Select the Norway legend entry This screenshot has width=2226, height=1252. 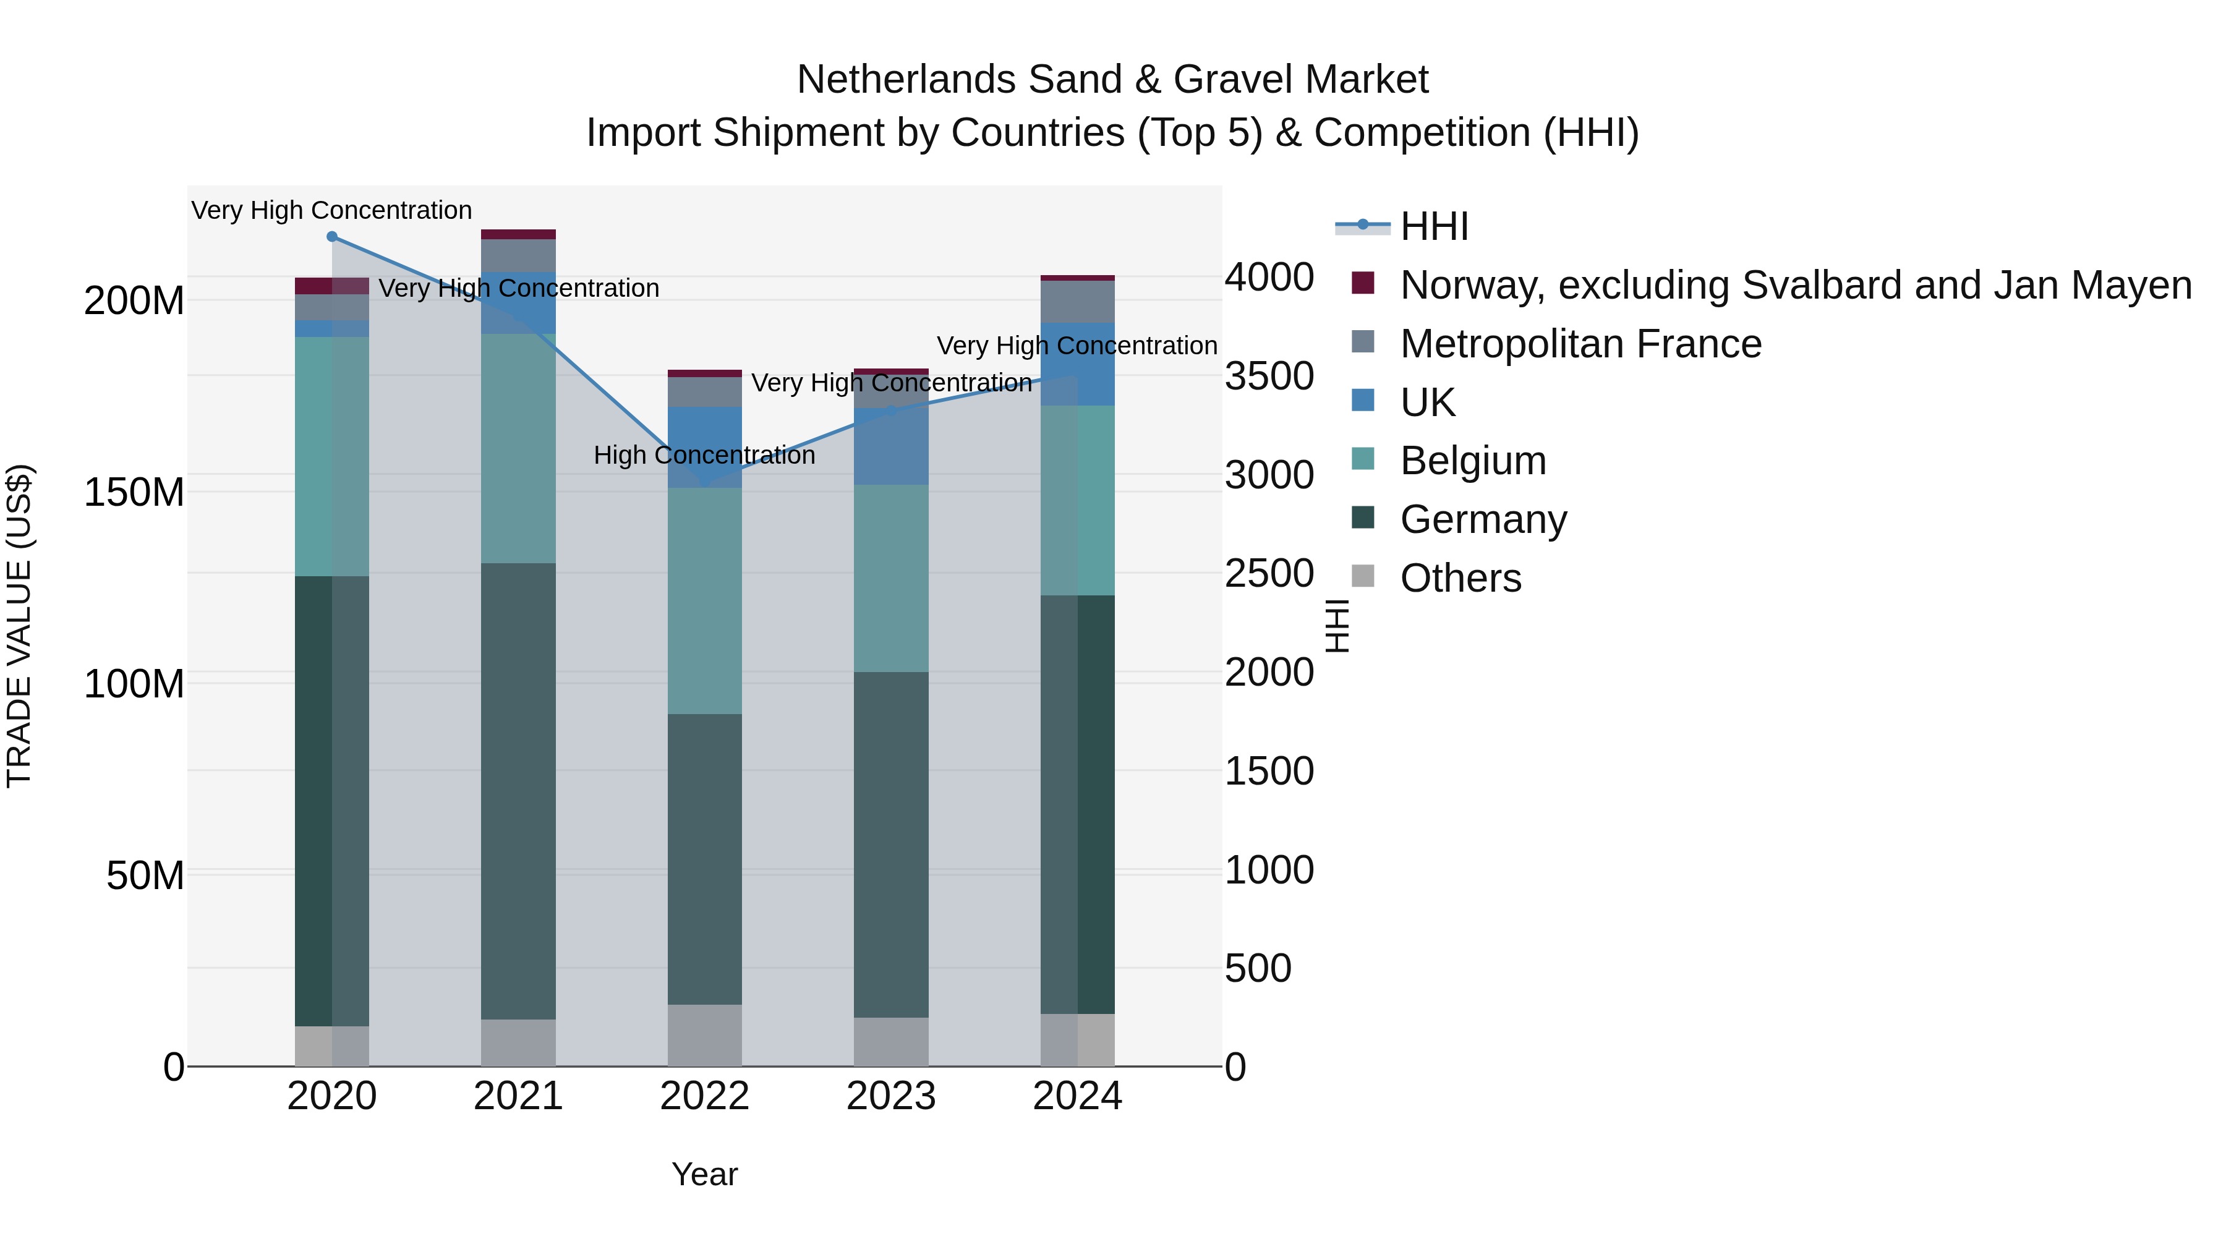[x=1795, y=285]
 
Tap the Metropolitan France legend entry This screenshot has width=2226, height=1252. [x=1580, y=344]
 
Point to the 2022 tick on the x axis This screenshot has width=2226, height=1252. [x=704, y=1096]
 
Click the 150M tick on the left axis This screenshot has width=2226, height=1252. [x=134, y=493]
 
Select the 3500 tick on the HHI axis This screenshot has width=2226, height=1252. [x=1269, y=377]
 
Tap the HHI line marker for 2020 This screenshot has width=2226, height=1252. [x=332, y=237]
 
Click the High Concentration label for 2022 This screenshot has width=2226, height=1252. [x=704, y=455]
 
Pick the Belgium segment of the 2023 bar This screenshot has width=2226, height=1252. [x=891, y=578]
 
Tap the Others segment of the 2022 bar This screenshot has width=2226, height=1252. [x=704, y=1034]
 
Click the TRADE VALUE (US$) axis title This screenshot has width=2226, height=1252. [x=19, y=626]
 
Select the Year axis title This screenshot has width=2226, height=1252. [x=704, y=1174]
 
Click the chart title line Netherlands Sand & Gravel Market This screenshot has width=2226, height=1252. [x=1112, y=80]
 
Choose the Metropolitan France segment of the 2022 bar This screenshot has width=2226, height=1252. [x=704, y=392]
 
